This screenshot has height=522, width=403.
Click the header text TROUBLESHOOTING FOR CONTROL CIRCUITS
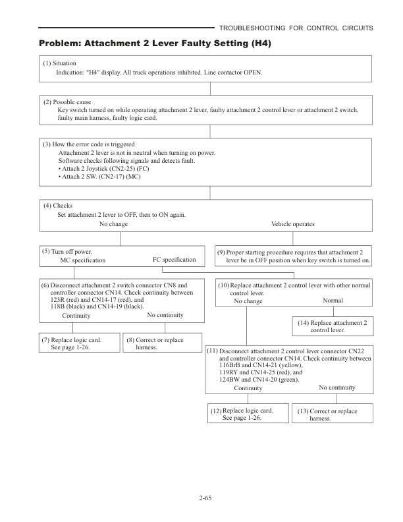click(x=296, y=28)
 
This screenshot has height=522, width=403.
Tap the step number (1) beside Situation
click(x=47, y=63)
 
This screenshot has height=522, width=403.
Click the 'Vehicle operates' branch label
click(x=292, y=224)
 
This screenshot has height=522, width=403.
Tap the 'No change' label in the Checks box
click(x=113, y=224)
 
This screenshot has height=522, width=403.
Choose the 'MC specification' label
click(x=82, y=260)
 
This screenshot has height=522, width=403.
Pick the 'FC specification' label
click(x=174, y=260)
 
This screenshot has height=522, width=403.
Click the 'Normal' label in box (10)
click(x=333, y=301)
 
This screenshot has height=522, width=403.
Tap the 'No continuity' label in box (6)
click(x=165, y=315)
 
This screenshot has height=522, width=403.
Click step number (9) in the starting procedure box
click(x=221, y=252)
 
